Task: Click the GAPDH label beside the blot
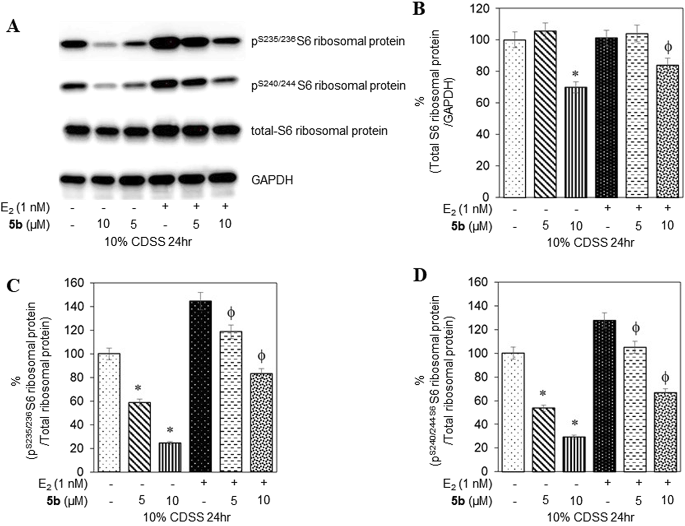(272, 180)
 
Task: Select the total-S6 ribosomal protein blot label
(319, 131)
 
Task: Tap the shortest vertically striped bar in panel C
(170, 457)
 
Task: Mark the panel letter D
(420, 276)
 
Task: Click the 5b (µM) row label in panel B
(471, 226)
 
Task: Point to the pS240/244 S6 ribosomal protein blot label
(328, 86)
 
